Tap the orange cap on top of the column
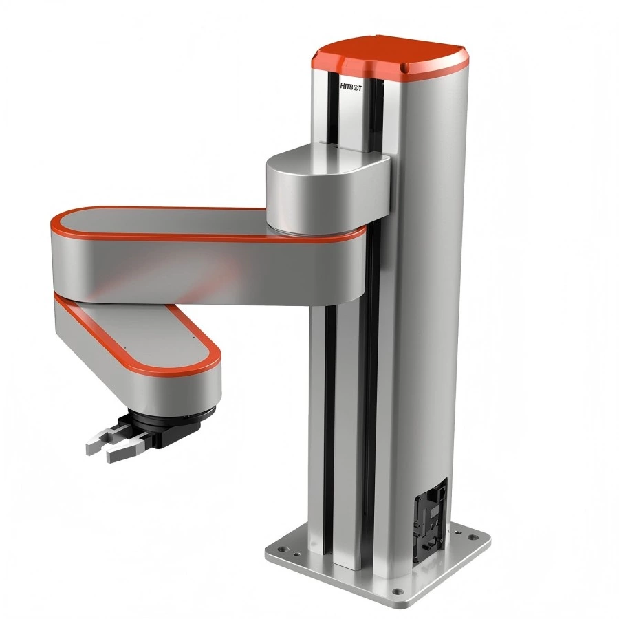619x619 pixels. (x=389, y=55)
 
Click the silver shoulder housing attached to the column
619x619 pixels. (x=323, y=189)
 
